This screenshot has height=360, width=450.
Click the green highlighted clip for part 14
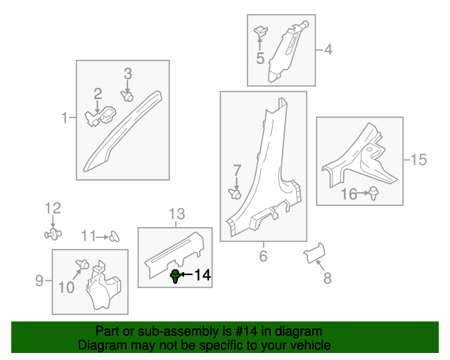pos(175,276)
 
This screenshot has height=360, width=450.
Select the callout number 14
pos(202,276)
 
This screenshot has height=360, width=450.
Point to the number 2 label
pos(98,93)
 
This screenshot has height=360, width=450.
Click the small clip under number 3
pos(127,94)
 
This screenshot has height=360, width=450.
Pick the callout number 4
pos(327,49)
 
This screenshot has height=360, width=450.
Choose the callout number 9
pos(39,282)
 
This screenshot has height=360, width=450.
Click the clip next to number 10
pos(82,265)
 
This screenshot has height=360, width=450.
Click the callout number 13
pos(175,214)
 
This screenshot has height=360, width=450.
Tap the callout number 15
pos(418,160)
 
